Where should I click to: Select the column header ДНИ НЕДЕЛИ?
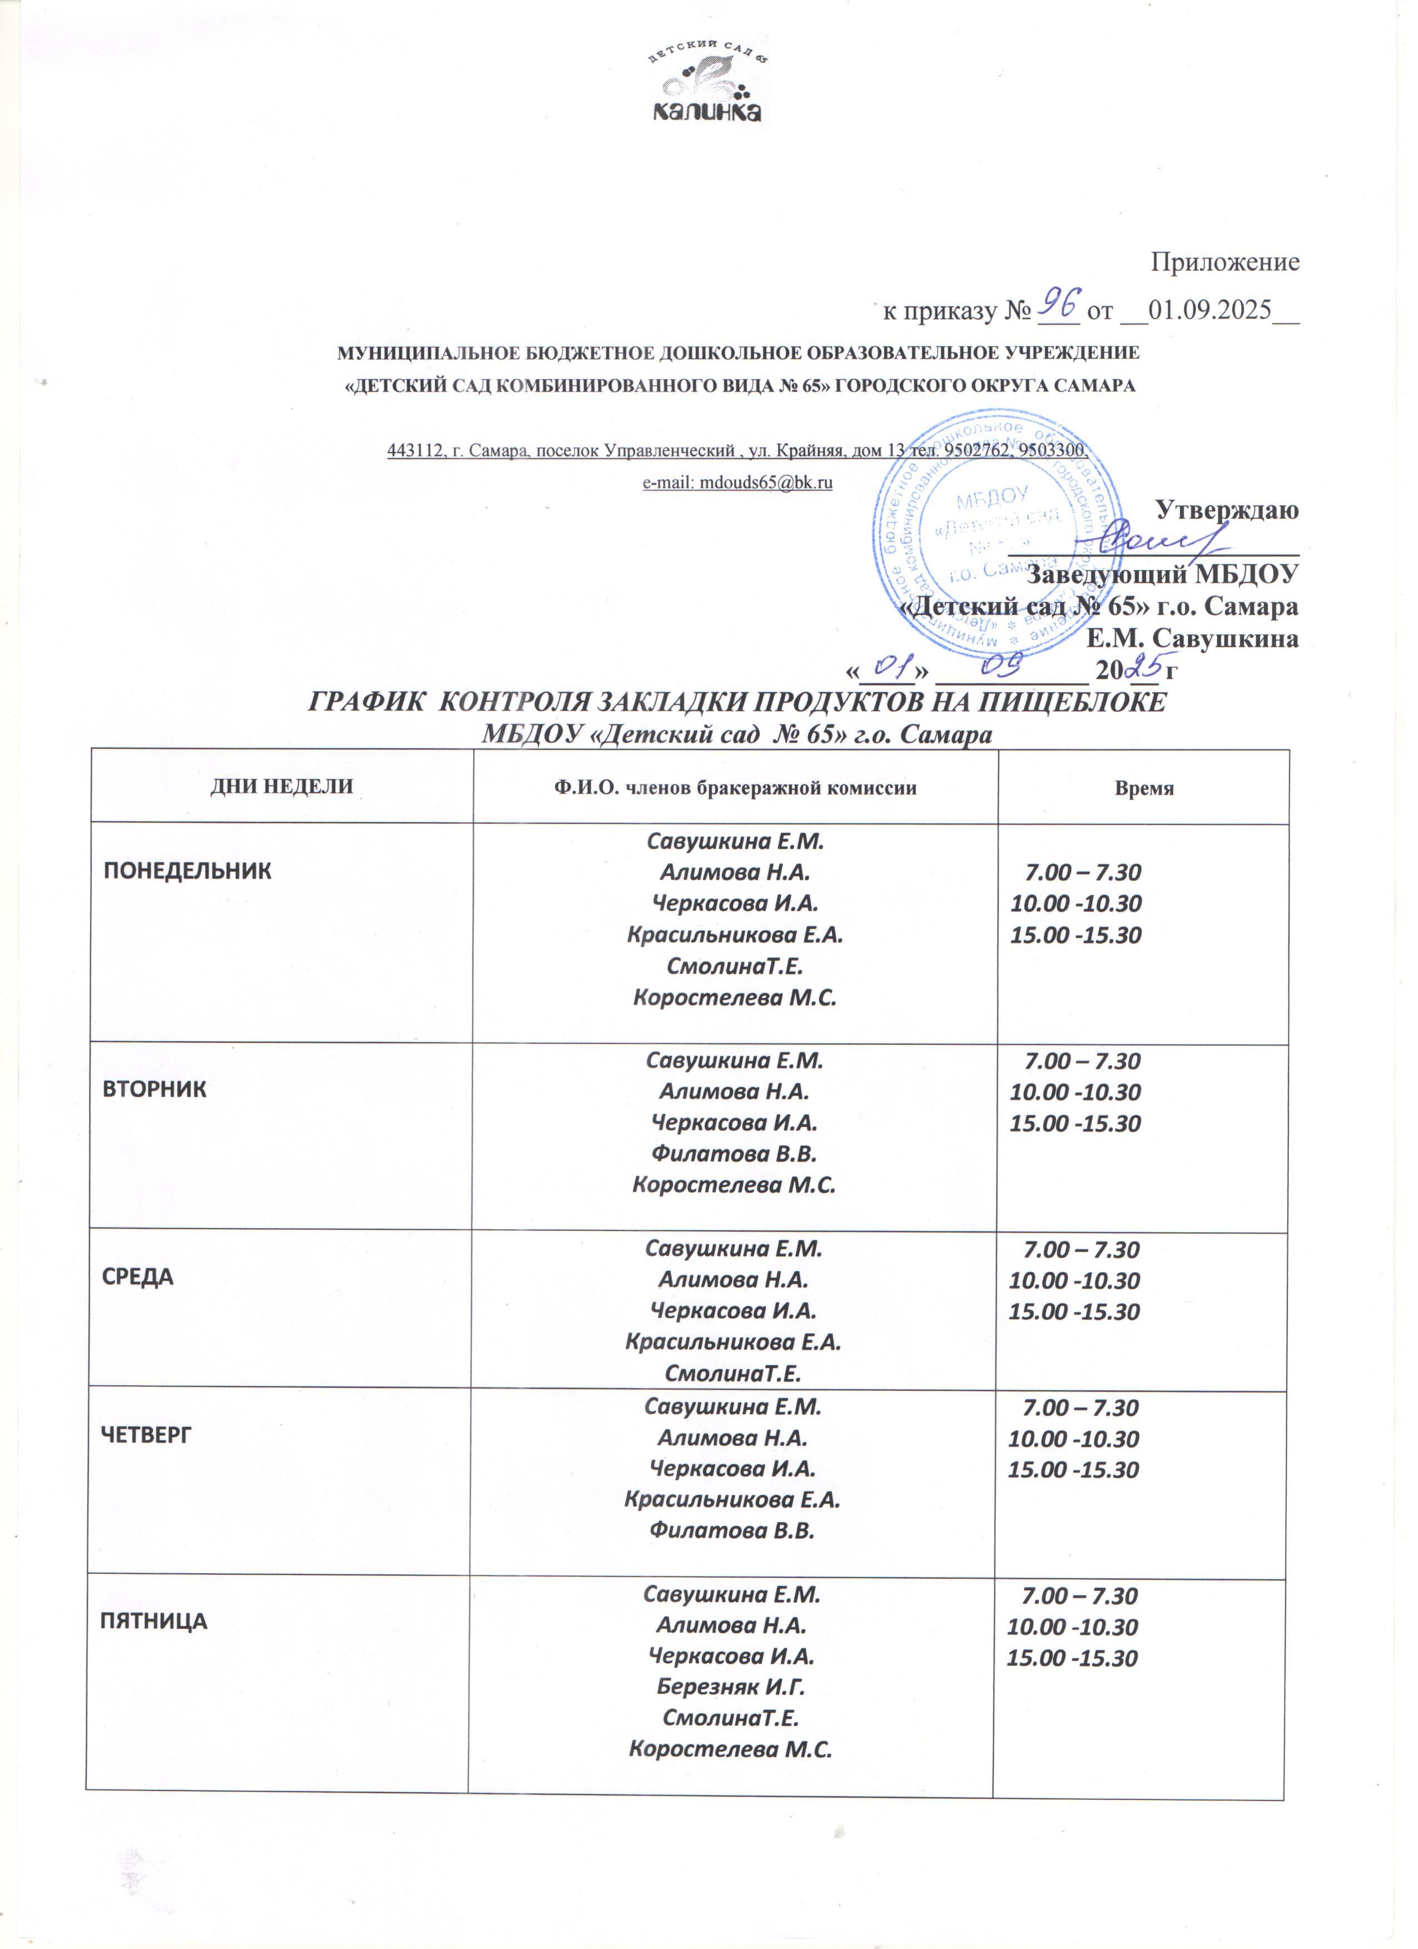(x=282, y=787)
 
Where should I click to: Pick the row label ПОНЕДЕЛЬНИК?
(x=187, y=871)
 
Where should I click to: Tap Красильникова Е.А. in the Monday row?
(x=736, y=935)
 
